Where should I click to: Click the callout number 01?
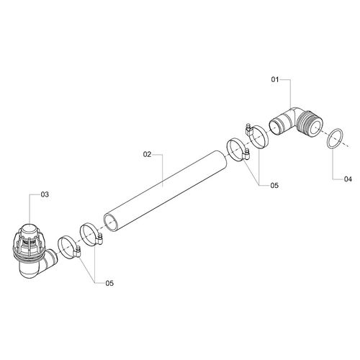tap(275, 79)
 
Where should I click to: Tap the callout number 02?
tap(147, 154)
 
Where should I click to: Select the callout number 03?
tap(45, 194)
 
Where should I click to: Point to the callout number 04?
tap(348, 179)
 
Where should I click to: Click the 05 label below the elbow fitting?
tap(274, 185)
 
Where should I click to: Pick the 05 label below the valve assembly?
tap(109, 283)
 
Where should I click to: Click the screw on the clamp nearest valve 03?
tap(77, 251)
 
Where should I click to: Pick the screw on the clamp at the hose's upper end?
tap(247, 154)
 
